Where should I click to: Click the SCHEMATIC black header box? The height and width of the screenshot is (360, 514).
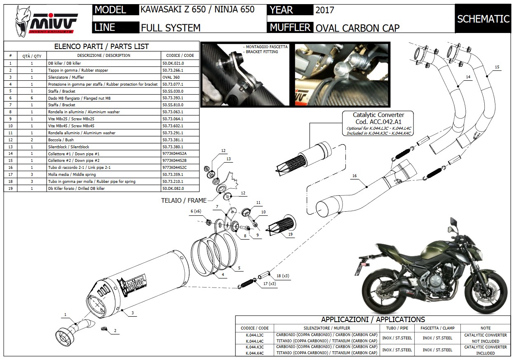(x=483, y=19)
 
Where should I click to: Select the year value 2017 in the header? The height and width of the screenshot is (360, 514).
(x=325, y=10)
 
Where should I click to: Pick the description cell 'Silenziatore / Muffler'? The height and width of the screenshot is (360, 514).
(x=66, y=77)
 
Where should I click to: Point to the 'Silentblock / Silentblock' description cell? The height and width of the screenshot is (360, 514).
(x=68, y=147)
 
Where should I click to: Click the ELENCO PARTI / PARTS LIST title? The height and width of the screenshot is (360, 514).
(x=101, y=47)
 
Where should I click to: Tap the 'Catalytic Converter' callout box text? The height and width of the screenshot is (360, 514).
(x=378, y=115)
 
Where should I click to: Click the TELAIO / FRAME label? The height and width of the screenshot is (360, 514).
(x=184, y=201)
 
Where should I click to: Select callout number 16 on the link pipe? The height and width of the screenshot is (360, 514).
(x=354, y=175)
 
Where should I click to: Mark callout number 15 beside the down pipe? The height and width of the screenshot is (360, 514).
(x=497, y=67)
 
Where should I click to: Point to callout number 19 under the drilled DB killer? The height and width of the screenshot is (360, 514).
(x=291, y=234)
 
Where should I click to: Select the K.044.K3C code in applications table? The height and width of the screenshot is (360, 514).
(x=254, y=347)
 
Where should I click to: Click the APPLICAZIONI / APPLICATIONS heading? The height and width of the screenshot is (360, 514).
(x=373, y=320)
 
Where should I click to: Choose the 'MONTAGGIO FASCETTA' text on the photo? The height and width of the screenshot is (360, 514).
(x=266, y=47)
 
